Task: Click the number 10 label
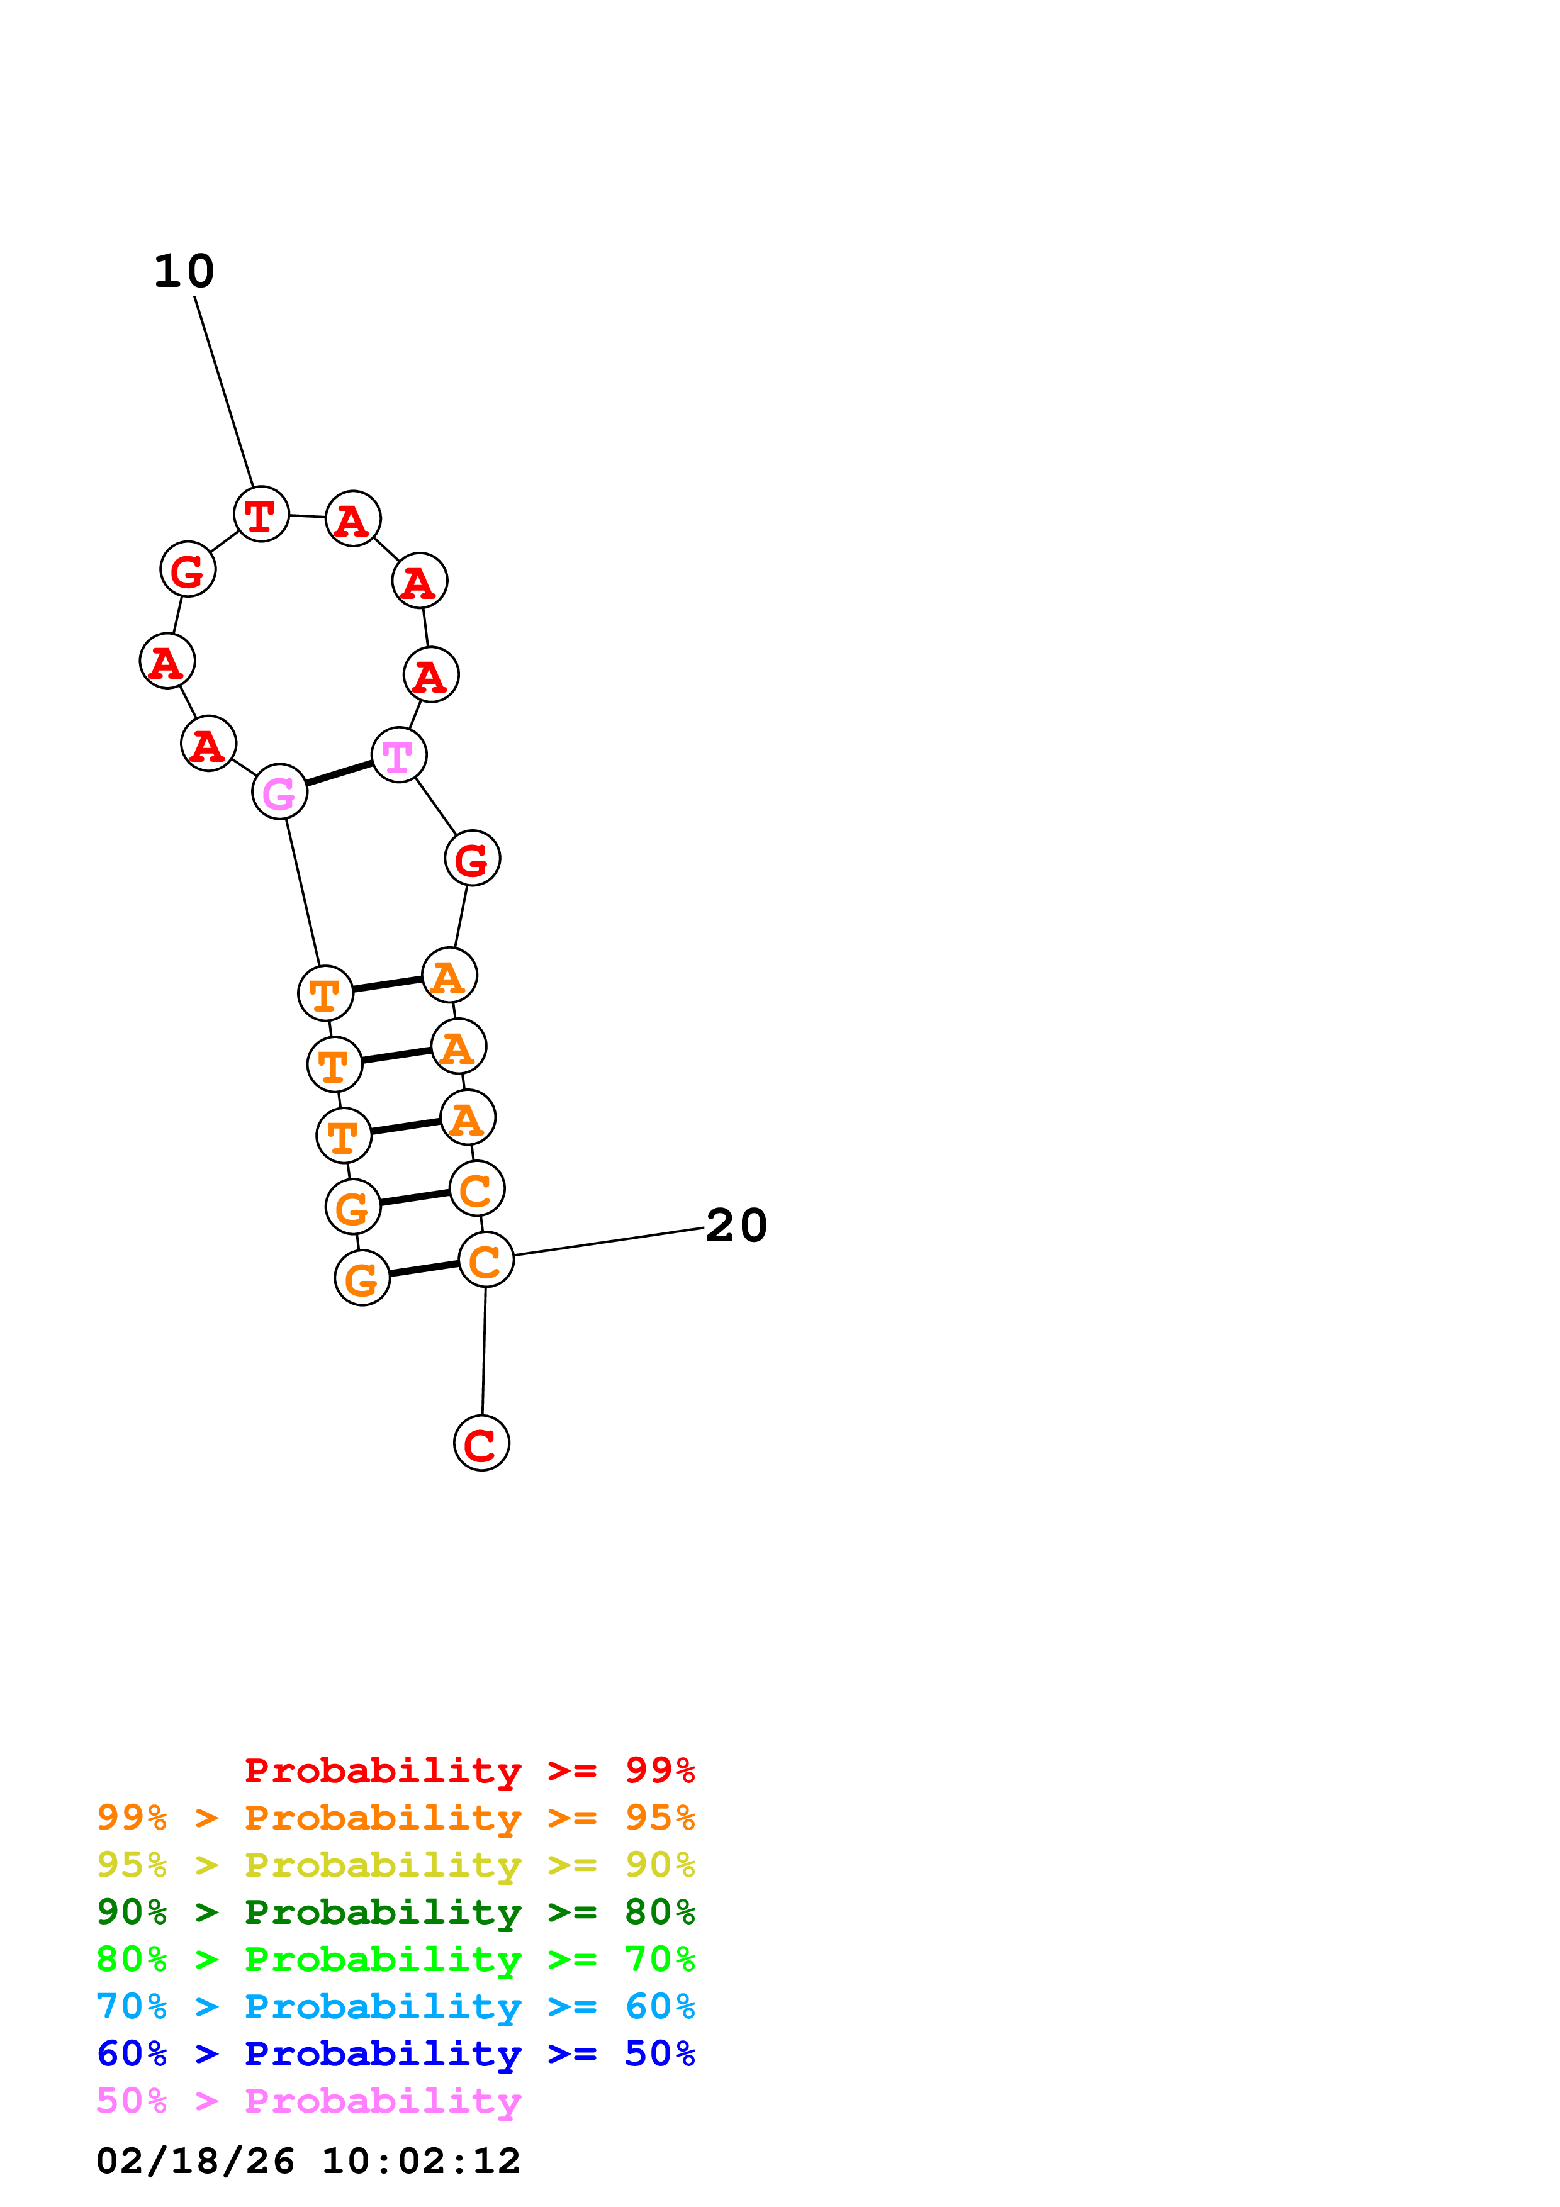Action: pos(184,271)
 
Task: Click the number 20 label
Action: pos(736,1226)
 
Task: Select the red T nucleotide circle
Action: pos(261,514)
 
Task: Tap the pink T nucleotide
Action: pos(398,756)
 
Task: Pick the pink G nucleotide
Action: pos(279,792)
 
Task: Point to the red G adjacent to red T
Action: pos(188,569)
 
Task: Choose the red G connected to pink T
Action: pos(472,858)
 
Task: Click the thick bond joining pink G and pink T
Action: pos(339,774)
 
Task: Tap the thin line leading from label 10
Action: pos(224,391)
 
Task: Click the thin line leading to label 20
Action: pos(609,1242)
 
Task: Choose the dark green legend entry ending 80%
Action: pos(395,1912)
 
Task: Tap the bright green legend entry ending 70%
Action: pos(395,1959)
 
